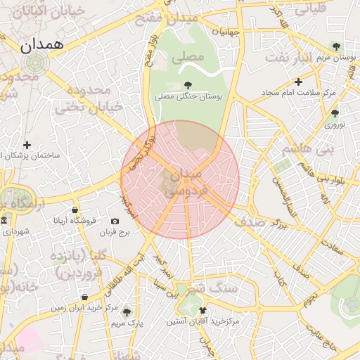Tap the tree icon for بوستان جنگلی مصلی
point(186,84)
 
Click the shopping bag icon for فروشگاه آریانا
point(75,210)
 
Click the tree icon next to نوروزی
point(334,112)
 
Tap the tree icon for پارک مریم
point(126,311)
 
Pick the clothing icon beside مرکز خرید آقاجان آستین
point(202,310)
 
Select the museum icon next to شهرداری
point(4,221)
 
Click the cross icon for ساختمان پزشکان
point(27,144)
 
